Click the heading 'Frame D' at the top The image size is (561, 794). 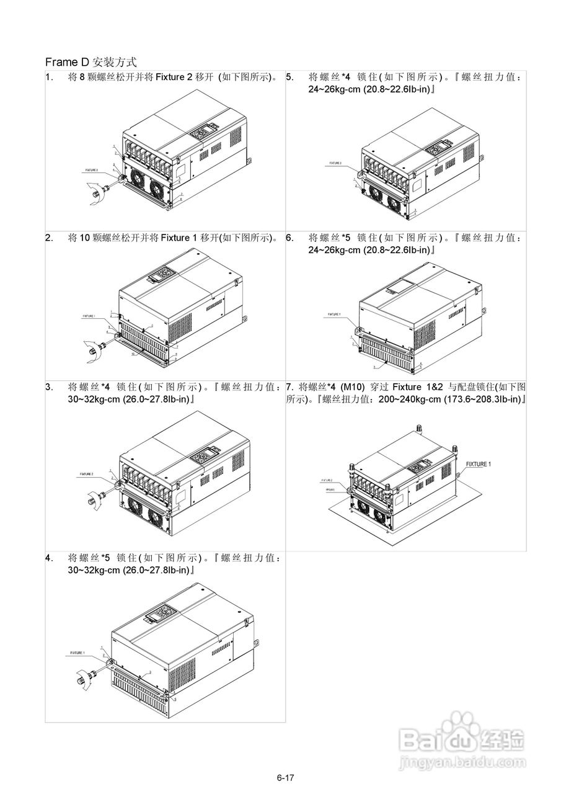pyautogui.click(x=68, y=63)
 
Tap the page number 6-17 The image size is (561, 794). pyautogui.click(x=285, y=777)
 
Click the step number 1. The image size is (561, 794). pyautogui.click(x=48, y=78)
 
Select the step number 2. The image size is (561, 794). pyautogui.click(x=48, y=237)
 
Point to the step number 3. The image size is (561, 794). pyautogui.click(x=48, y=386)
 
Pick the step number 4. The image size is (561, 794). pyautogui.click(x=48, y=557)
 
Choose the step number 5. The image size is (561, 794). pyautogui.click(x=289, y=78)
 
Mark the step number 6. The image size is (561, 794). pyautogui.click(x=289, y=237)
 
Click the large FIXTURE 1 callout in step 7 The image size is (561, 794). pyautogui.click(x=478, y=464)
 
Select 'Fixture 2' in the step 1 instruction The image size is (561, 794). pyautogui.click(x=174, y=78)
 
